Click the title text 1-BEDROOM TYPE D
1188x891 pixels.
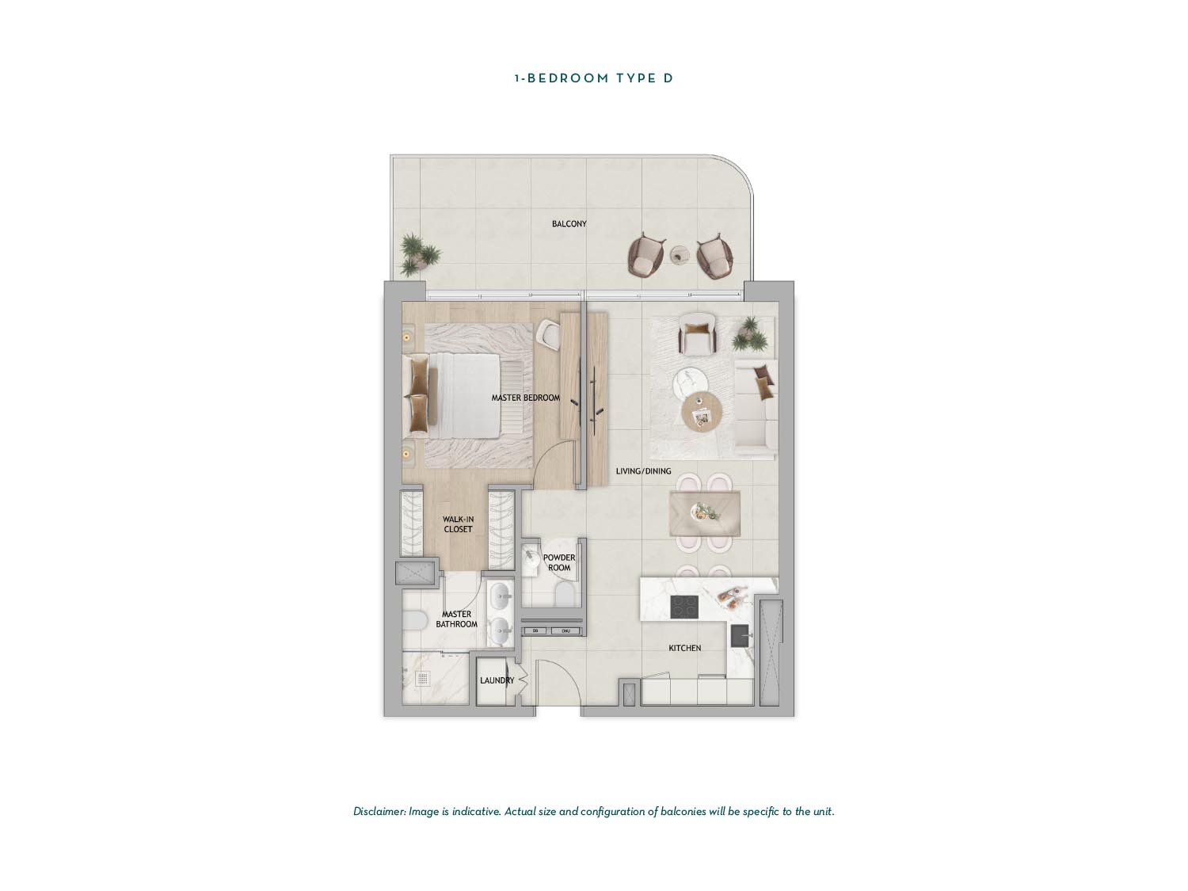click(594, 78)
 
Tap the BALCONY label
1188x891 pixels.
click(569, 224)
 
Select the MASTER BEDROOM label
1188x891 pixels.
click(526, 398)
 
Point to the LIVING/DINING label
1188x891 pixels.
click(643, 471)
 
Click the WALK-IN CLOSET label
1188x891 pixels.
click(458, 524)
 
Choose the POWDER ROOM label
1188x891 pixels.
click(559, 562)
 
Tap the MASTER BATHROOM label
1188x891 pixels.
click(457, 619)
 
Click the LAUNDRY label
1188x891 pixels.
click(497, 680)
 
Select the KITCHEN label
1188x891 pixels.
click(684, 648)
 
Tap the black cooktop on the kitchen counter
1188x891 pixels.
click(684, 607)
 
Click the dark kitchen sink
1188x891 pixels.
click(740, 636)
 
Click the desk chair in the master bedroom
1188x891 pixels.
click(548, 335)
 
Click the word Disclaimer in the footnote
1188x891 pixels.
click(379, 812)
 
